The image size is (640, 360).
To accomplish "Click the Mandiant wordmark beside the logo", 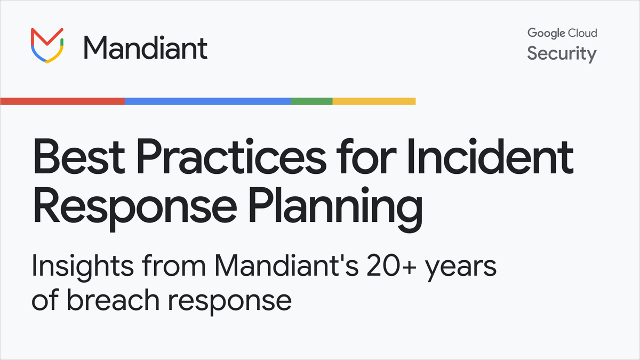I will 145,47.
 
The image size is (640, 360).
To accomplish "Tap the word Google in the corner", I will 546,34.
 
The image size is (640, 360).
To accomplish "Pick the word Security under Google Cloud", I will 562,54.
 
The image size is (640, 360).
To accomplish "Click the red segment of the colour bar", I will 62,101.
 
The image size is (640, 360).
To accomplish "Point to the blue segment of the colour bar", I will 207,101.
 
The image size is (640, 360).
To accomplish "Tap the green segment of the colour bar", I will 311,101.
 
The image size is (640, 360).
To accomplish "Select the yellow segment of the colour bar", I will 374,101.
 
